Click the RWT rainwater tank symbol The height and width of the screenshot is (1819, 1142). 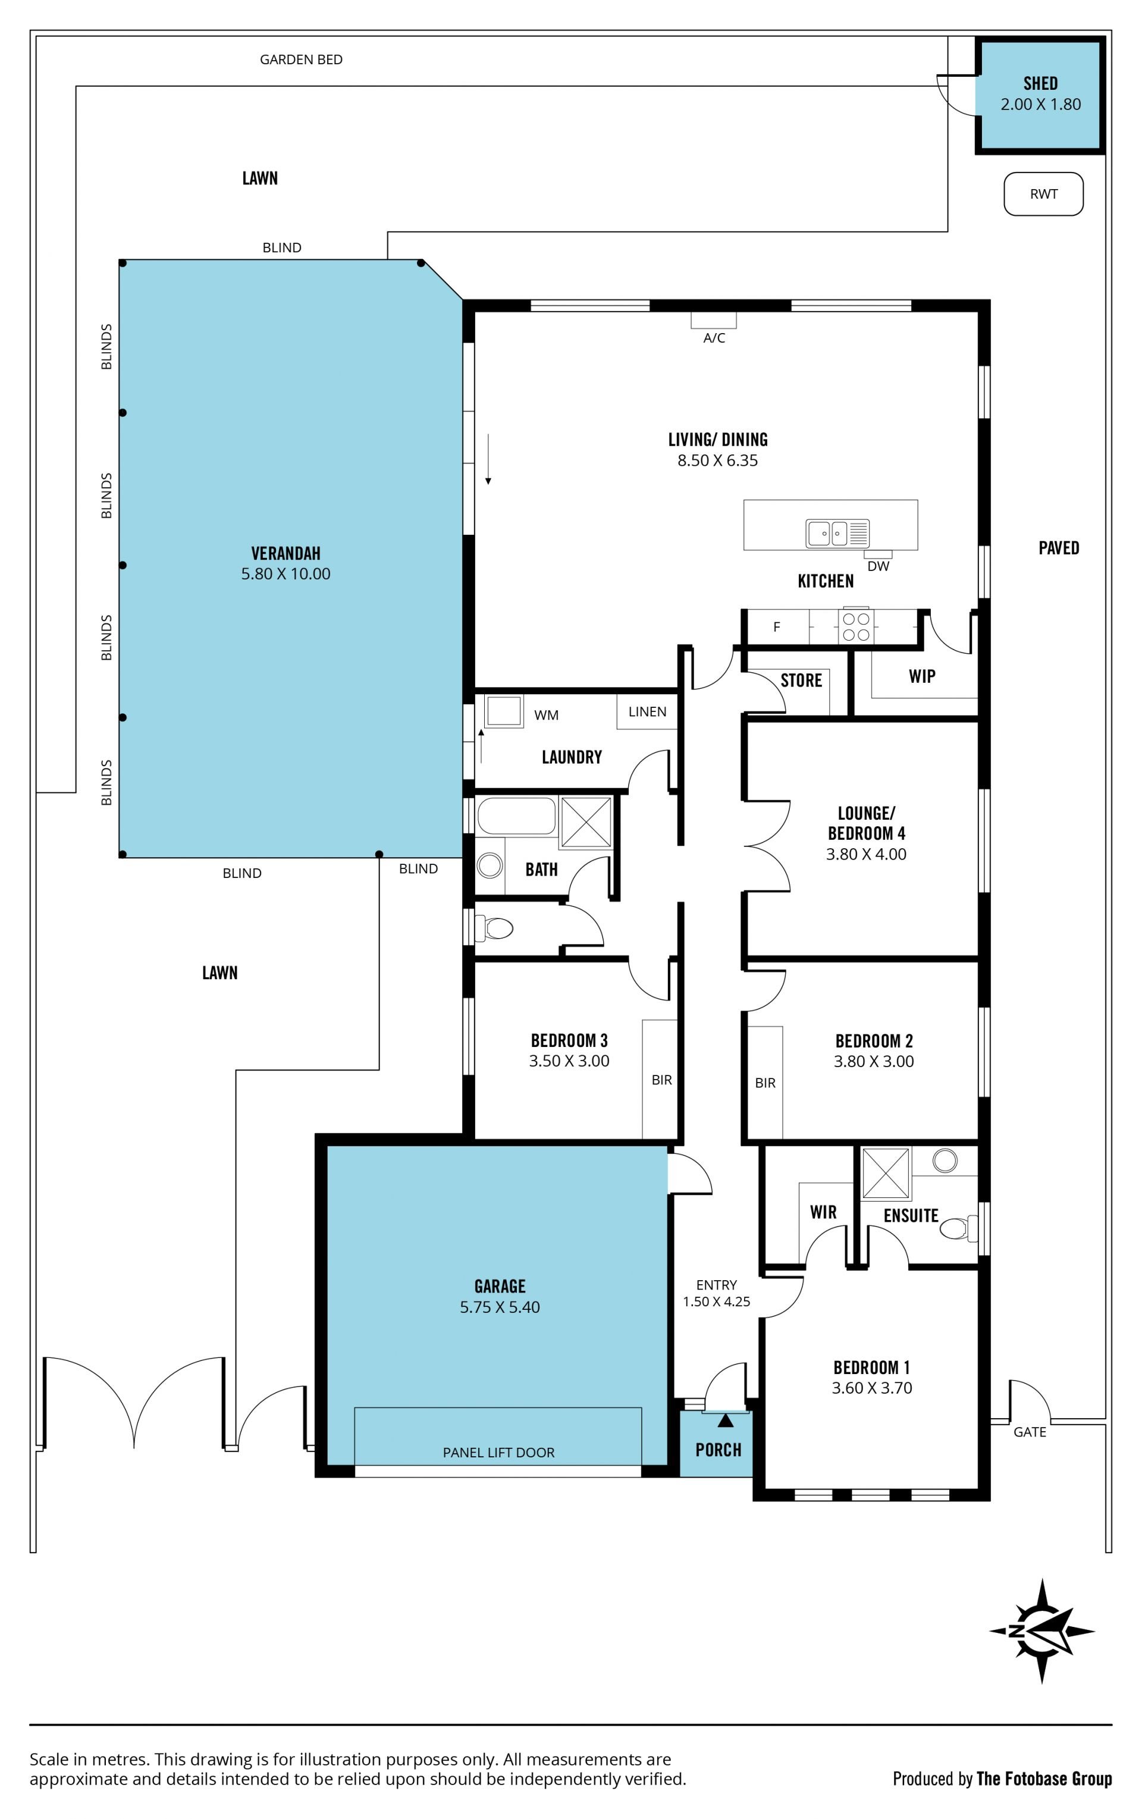[1043, 194]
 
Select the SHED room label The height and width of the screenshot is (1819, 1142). [1040, 83]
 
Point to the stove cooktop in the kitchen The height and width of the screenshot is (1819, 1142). [856, 626]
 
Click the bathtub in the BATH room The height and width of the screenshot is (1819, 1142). [517, 816]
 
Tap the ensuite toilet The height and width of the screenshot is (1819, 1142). [958, 1228]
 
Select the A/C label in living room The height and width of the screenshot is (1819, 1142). [714, 338]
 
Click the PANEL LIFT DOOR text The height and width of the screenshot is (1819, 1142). [498, 1452]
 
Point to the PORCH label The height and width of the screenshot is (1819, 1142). [719, 1449]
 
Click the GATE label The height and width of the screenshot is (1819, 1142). [1030, 1432]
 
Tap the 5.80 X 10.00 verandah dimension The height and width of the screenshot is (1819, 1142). [285, 573]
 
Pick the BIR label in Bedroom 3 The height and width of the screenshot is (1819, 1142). [661, 1080]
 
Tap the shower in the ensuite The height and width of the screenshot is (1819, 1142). [885, 1172]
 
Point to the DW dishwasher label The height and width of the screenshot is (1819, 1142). [878, 566]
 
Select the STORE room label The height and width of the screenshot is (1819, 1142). [801, 680]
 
